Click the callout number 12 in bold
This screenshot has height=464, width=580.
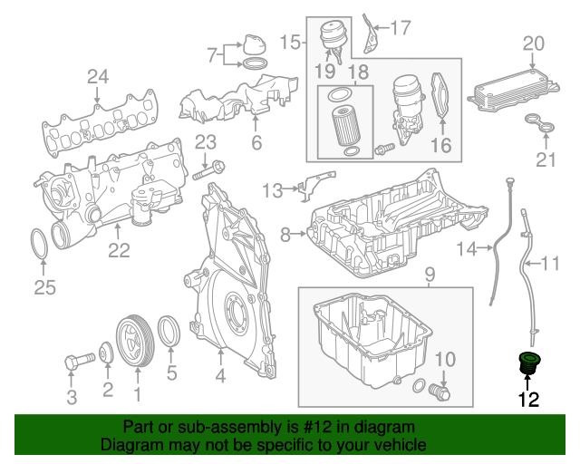tap(527, 399)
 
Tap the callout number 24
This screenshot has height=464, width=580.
tap(97, 77)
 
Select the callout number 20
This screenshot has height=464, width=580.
tap(534, 43)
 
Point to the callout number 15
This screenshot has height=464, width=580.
tap(290, 42)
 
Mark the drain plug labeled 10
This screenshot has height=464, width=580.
tap(440, 392)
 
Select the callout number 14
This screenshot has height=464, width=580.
tap(466, 248)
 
